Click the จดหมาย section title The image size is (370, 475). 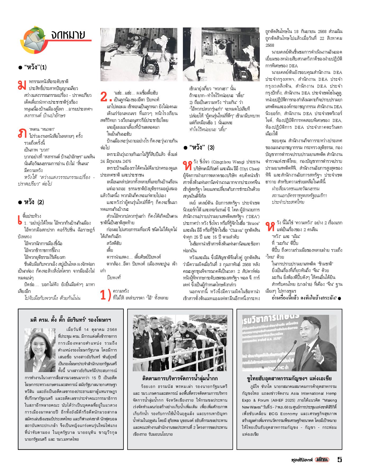point(68,35)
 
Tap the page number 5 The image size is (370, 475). point(340,459)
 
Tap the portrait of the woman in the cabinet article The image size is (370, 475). point(40,350)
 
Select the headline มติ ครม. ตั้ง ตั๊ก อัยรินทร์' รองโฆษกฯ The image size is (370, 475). point(71,320)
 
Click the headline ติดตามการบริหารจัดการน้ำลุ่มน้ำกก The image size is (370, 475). point(180,378)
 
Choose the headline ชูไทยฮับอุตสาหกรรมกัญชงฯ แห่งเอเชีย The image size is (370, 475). point(289,378)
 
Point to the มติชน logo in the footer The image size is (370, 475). point(322,460)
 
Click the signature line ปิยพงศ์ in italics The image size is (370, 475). point(114,277)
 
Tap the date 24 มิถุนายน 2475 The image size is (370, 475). point(115,161)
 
